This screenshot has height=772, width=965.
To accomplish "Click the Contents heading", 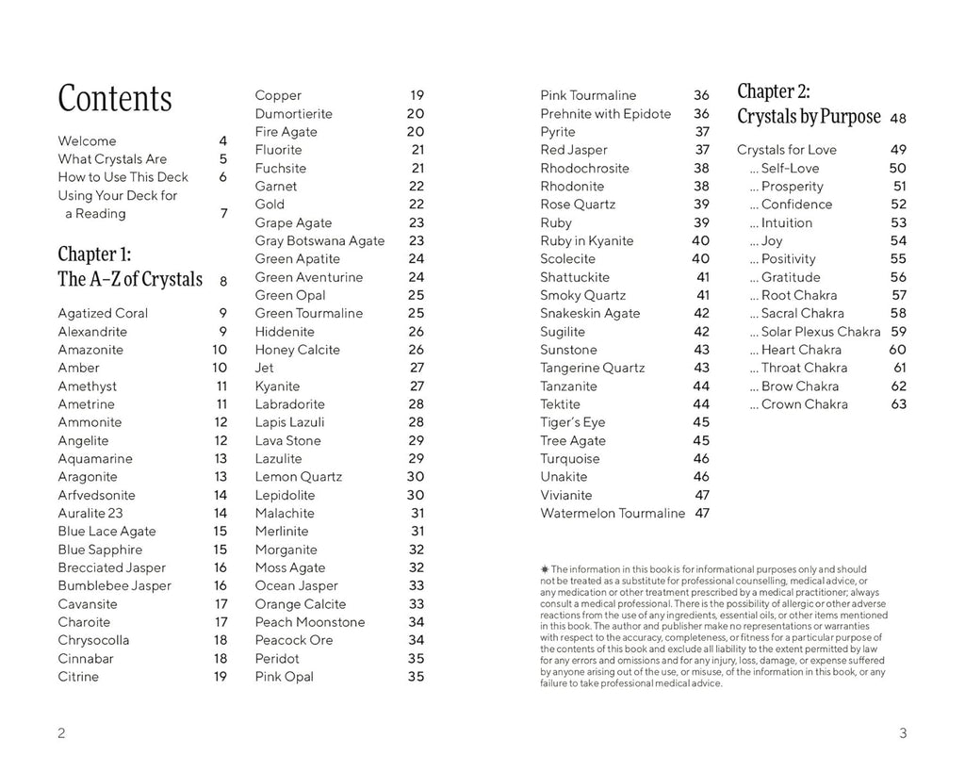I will coord(115,99).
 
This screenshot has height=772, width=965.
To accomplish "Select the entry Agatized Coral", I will coord(103,313).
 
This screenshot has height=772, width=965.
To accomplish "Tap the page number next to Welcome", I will coord(222,140).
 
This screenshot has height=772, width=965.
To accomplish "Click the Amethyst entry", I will coord(88,386).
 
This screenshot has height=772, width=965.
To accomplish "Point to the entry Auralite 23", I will coord(90,514).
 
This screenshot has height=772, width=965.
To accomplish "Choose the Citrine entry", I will coord(78,677).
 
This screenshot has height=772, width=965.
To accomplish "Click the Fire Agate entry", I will coord(286,132).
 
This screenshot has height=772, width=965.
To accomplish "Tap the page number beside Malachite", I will coord(417,514).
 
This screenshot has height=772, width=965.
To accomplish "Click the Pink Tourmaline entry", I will coord(588,95).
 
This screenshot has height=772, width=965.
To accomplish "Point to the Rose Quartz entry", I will coord(578,205).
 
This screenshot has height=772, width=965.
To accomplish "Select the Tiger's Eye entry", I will coord(573,422).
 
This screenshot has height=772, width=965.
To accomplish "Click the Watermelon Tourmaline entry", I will coord(613,514).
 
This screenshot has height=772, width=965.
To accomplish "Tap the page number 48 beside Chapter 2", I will coord(898,119).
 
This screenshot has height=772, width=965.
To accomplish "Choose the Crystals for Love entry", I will coord(787,150).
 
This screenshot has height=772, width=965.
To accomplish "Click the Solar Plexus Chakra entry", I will coord(815,332).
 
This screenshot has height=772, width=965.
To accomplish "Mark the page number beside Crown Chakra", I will coord(898,404).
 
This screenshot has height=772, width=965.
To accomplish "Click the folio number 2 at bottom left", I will coord(61,734).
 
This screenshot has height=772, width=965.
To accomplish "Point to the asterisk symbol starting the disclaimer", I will coord(544,568).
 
